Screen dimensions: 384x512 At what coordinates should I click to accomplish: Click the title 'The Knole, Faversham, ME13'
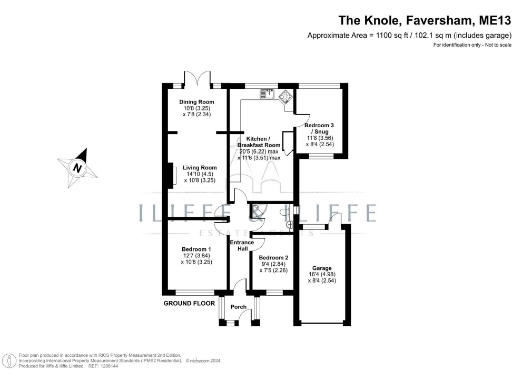[417, 19]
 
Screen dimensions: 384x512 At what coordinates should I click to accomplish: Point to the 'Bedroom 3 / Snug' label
[321, 128]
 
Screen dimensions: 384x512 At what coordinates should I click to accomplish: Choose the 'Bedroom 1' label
[196, 249]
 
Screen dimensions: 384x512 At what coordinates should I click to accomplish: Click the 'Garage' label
[322, 268]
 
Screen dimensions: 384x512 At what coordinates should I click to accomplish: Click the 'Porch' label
[238, 307]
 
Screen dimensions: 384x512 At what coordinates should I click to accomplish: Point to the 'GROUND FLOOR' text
[190, 301]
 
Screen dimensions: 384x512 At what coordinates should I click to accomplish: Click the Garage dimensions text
[322, 278]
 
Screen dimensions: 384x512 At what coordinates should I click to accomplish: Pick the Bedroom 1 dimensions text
[196, 259]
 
